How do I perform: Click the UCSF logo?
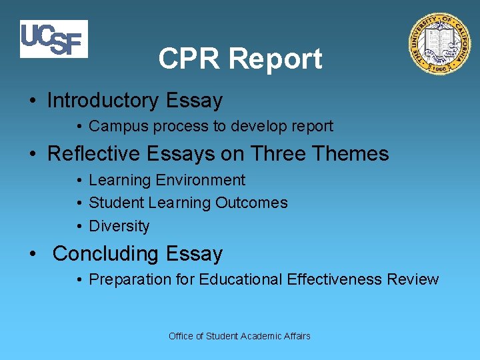53,39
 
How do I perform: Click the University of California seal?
439,44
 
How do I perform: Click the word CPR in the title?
190,59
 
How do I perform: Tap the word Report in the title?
275,59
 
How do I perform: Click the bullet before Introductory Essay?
33,101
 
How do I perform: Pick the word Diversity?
119,226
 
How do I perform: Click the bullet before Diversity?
79,227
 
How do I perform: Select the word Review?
415,279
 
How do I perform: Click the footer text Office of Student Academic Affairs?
239,336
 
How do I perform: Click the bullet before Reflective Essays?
33,155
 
